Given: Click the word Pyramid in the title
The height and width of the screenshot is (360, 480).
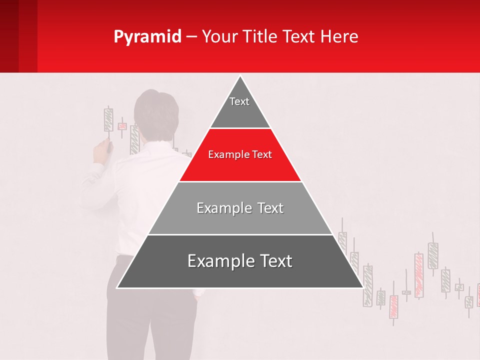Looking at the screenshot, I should (147, 37).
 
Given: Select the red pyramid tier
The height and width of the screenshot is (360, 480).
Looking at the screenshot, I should (240, 160).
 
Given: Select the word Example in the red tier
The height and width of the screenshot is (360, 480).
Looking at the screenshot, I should (225, 155).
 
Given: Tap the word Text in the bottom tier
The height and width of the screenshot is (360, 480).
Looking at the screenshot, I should (275, 261).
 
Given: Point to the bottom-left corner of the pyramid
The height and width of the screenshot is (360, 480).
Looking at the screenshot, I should (118, 287).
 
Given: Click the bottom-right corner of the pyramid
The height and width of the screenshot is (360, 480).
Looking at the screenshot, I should (362, 287).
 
